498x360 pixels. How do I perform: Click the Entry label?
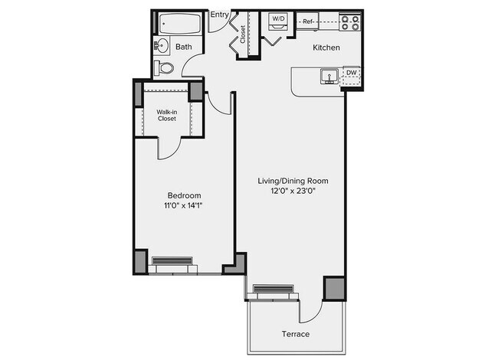pyautogui.click(x=220, y=15)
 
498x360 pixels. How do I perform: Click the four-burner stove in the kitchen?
pyautogui.click(x=349, y=22)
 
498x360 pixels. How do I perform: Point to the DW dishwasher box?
pyautogui.click(x=351, y=74)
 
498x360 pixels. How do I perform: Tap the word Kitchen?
pyautogui.click(x=326, y=48)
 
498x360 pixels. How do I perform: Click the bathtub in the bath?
pyautogui.click(x=181, y=24)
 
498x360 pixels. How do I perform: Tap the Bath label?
pyautogui.click(x=184, y=47)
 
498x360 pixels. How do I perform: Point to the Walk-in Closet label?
pyautogui.click(x=167, y=115)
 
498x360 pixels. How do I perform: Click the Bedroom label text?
pyautogui.click(x=184, y=196)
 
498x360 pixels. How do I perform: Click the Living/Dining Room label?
pyautogui.click(x=292, y=182)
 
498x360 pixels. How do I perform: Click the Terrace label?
pyautogui.click(x=294, y=334)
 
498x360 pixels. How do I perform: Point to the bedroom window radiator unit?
pyautogui.click(x=175, y=261)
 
